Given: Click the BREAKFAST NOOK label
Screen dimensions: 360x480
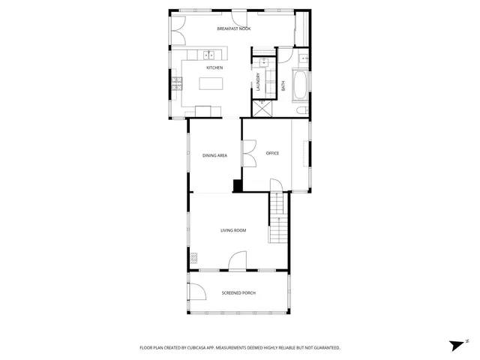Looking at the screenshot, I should click(233, 28).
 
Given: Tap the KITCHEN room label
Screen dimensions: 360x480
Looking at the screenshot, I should click(214, 68).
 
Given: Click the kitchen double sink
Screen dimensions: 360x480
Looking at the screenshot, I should click(209, 54).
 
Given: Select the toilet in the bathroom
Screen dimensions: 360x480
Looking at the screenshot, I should click(301, 110).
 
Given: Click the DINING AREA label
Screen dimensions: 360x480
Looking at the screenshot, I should click(214, 156).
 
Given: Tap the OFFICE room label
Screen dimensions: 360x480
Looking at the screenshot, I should click(272, 153).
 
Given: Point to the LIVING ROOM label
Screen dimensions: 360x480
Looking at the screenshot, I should click(233, 230).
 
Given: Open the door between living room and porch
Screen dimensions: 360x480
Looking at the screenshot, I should click(237, 262).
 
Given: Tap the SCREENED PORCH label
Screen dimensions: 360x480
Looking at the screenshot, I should click(239, 292).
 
